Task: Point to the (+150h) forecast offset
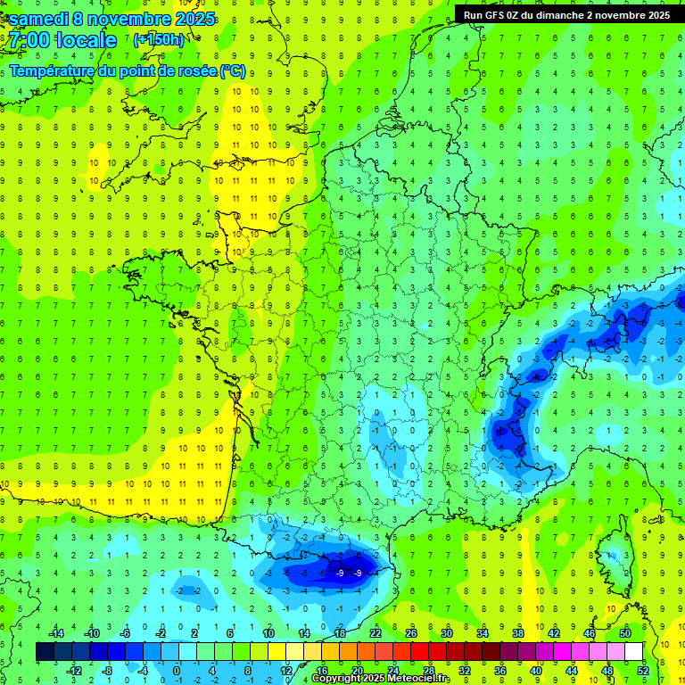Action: [158, 39]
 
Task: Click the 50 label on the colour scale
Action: [624, 633]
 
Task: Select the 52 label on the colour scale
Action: [643, 671]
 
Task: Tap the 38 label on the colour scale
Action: [517, 633]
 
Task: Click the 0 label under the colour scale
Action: [177, 671]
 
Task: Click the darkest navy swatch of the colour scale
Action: [45, 652]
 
